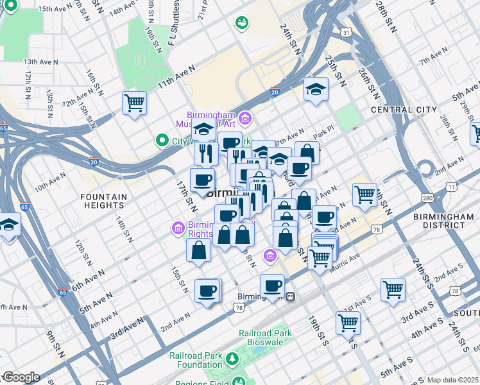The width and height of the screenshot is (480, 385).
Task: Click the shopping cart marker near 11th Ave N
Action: (x=135, y=102)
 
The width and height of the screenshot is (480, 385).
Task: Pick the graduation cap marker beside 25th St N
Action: (x=316, y=89)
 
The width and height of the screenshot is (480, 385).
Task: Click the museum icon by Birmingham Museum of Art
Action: (x=244, y=118)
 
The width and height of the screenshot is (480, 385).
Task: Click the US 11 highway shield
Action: (x=452, y=187)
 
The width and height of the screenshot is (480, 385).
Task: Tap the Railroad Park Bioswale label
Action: (x=265, y=338)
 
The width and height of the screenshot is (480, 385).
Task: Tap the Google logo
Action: (x=21, y=377)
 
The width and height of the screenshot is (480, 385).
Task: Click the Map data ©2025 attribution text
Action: (x=452, y=380)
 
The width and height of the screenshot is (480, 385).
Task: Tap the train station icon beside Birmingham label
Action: (x=291, y=297)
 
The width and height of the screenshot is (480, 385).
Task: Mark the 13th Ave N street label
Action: (x=42, y=62)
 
